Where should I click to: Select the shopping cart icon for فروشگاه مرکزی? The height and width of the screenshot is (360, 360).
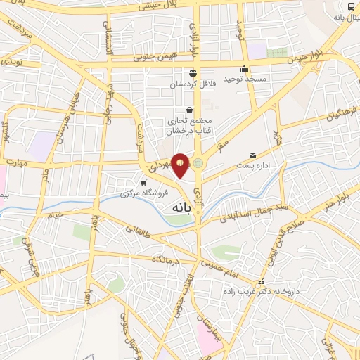143,182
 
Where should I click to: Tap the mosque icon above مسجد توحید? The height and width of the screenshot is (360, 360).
244,68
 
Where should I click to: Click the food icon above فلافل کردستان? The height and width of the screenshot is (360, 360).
192,73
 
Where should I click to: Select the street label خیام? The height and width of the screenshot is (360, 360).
55,214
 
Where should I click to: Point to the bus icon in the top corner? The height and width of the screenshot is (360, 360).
350,6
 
